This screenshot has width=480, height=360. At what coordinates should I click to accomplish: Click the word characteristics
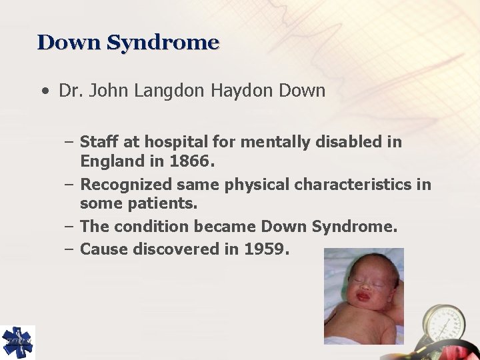[x=353, y=185]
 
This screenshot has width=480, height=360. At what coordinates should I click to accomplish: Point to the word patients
[x=161, y=203]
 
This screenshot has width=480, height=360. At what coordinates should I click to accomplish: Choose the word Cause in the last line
[x=104, y=249]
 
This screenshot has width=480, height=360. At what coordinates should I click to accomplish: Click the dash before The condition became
[x=69, y=227]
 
